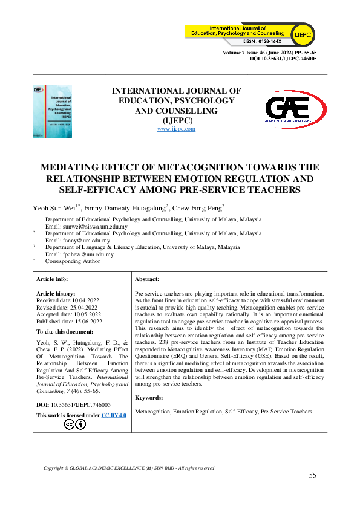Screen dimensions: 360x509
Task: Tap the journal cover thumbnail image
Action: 52,110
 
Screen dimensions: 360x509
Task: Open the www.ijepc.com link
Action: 176,129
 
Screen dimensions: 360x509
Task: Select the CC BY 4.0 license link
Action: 114,415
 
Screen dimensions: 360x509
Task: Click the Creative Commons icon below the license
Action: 74,424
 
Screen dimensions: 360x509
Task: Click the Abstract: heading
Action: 147,279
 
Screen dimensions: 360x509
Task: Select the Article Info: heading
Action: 53,279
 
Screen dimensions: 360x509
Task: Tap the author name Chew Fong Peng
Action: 198,207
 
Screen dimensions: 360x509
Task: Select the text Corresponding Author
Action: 73,261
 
